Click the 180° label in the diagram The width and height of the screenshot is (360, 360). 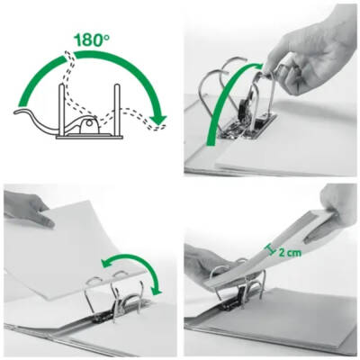coord(90,40)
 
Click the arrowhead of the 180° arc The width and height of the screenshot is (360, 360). coord(159,118)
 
